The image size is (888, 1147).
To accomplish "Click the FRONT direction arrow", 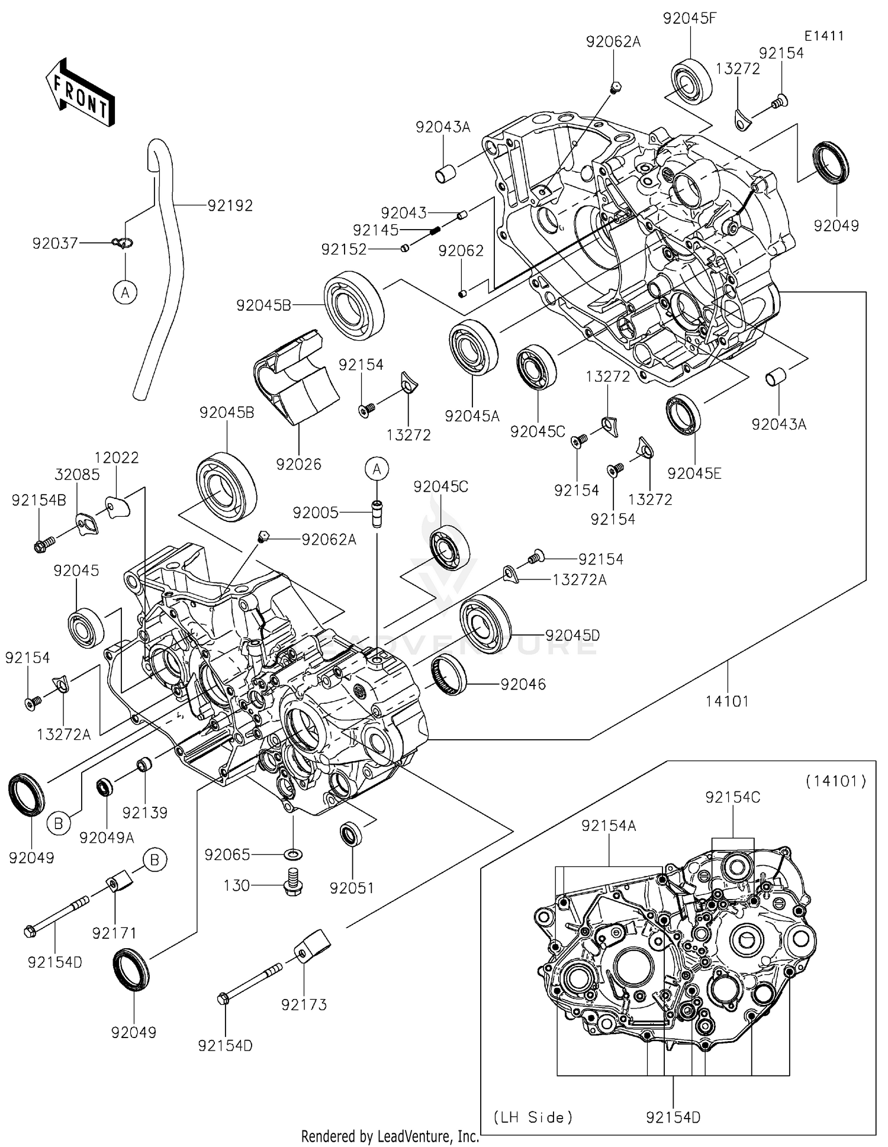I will point(79,92).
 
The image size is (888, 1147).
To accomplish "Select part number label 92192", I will point(230,205).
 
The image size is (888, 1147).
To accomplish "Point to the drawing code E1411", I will point(823,36).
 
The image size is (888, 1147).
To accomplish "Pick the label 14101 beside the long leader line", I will point(728,701).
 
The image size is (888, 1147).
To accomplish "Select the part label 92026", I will point(298,464).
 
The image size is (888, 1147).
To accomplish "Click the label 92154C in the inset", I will point(732,797).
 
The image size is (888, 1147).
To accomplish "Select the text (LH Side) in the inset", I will point(533,1117).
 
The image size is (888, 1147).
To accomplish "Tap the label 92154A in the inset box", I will point(609,826).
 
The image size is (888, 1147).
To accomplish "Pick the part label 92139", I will point(145,813).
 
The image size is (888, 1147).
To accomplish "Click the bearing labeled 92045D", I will point(485,624).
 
